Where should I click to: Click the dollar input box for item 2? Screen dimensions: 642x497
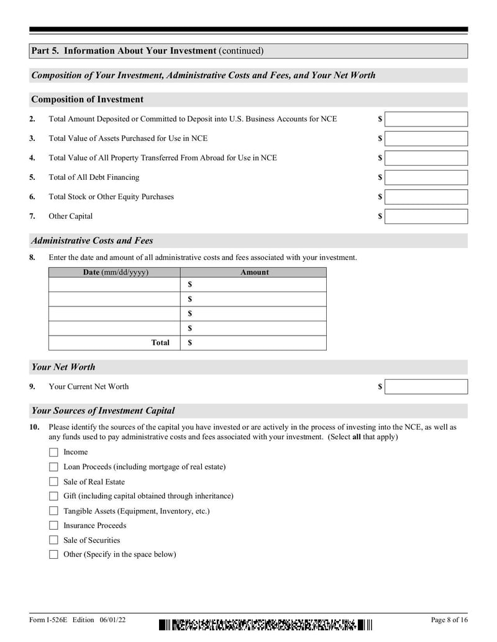pyautogui.click(x=426, y=119)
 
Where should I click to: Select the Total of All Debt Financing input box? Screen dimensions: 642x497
pyautogui.click(x=426, y=177)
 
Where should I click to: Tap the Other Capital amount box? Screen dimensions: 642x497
pyautogui.click(x=426, y=216)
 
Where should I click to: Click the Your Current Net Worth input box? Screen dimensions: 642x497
pyautogui.click(x=426, y=386)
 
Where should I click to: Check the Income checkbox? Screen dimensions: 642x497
pyautogui.click(x=53, y=452)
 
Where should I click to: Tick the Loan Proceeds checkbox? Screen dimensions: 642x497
pyautogui.click(x=53, y=466)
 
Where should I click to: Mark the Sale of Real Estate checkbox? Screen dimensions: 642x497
pyautogui.click(x=53, y=481)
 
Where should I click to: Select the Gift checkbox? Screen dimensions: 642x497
pyautogui.click(x=53, y=496)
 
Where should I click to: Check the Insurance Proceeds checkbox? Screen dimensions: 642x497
pyautogui.click(x=53, y=525)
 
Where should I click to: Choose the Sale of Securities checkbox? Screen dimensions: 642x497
pyautogui.click(x=53, y=540)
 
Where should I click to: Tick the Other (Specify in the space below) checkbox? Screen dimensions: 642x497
pyautogui.click(x=53, y=555)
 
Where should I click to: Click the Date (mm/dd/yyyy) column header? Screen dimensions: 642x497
pyautogui.click(x=116, y=272)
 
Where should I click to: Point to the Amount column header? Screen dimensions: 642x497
pyautogui.click(x=255, y=272)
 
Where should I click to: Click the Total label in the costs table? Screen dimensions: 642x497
pyautogui.click(x=160, y=342)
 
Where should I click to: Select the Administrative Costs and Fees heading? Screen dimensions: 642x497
pyautogui.click(x=92, y=241)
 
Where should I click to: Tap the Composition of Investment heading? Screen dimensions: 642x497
pyautogui.click(x=87, y=99)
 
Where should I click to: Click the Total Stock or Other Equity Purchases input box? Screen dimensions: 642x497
pyautogui.click(x=426, y=197)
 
